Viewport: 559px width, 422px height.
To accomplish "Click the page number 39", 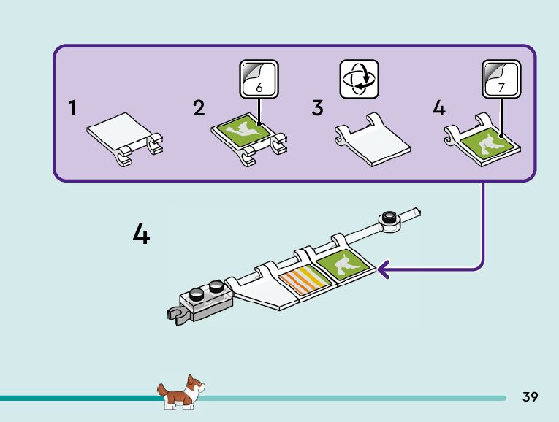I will (x=530, y=397).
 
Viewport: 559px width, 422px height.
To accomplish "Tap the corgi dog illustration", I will (x=181, y=393).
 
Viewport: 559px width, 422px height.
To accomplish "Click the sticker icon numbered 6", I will (x=259, y=79).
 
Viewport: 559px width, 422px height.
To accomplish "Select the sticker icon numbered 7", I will (x=501, y=79).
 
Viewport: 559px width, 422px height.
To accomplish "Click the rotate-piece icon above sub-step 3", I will (x=359, y=79).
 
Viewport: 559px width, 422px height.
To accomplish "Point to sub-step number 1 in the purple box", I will (x=72, y=109).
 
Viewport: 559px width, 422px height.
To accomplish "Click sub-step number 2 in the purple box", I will (x=199, y=109).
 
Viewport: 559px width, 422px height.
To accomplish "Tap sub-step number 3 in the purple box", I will (x=317, y=109).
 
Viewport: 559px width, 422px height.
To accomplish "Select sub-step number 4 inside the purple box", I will (x=438, y=109).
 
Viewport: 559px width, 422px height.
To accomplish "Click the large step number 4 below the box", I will (x=141, y=234).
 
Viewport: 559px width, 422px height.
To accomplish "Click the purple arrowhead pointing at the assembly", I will (x=384, y=272).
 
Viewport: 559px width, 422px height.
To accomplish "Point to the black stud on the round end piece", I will (x=389, y=218).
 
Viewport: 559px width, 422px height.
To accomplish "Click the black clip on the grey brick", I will (x=175, y=315).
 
